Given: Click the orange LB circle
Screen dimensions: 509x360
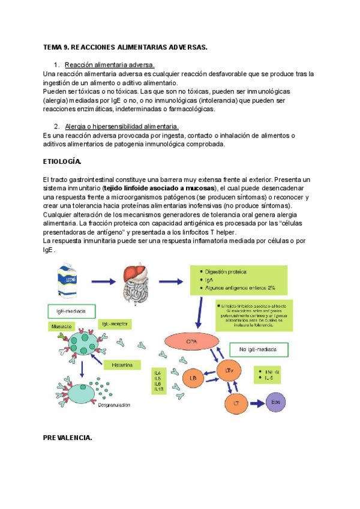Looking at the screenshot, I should (193, 378).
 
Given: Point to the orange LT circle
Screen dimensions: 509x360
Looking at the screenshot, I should (236, 403).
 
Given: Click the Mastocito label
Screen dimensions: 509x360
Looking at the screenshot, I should (62, 327).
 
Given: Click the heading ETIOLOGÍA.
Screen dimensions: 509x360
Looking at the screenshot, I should (62, 162).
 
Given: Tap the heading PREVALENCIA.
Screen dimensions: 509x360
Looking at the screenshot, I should (67, 438).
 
